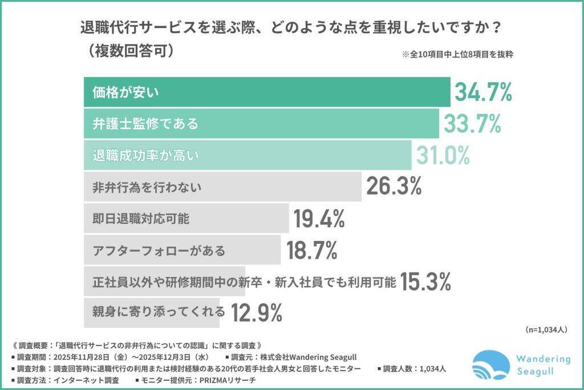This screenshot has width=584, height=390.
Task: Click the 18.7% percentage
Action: [x=311, y=250]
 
